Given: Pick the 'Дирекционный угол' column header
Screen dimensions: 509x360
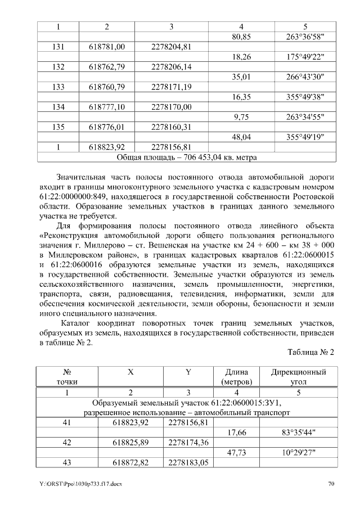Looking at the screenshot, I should [298, 377].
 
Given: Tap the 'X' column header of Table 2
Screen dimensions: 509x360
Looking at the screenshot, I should [130, 372].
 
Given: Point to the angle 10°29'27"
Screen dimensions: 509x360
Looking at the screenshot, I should [298, 452].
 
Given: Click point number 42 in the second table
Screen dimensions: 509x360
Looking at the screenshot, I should [66, 442].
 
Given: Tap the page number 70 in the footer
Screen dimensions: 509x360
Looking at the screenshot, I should [331, 484].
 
